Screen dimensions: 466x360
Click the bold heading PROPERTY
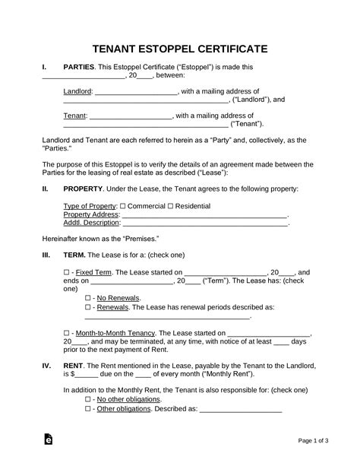84,189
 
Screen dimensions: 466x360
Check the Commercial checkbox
123,207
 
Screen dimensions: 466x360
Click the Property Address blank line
205,215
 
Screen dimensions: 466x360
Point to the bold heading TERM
75,255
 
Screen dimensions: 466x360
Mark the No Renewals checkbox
88,299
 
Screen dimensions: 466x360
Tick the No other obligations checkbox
88,399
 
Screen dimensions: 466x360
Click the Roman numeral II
45,189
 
